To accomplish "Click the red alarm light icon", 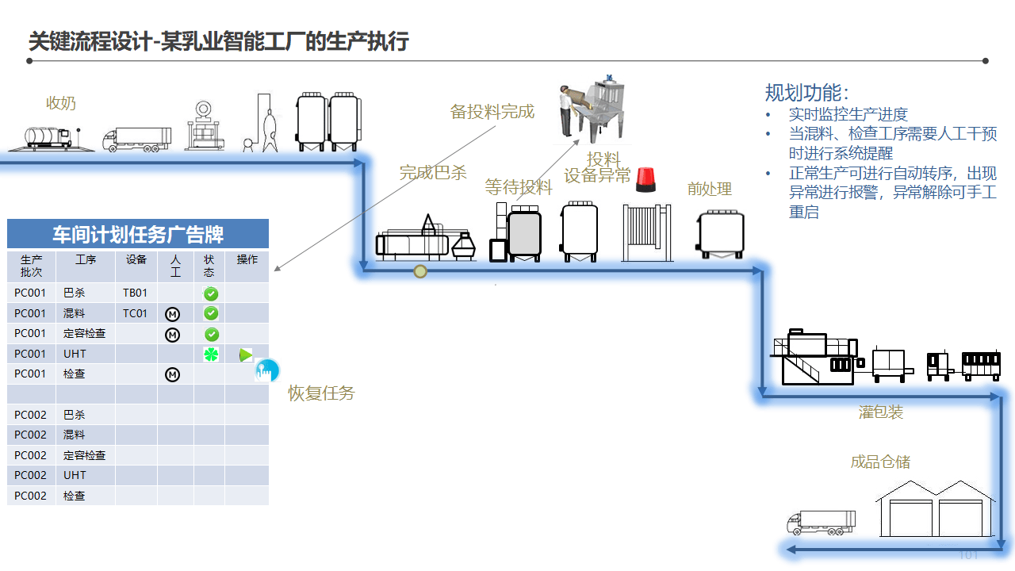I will click(x=646, y=180).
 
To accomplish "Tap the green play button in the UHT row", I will click(x=246, y=354).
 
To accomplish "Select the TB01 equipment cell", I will click(x=136, y=293).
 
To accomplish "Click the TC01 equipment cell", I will click(x=136, y=313).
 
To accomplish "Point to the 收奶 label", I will click(x=61, y=103).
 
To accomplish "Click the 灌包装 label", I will click(x=881, y=412).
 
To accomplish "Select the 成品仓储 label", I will click(x=880, y=462).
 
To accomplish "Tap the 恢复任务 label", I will click(x=321, y=393).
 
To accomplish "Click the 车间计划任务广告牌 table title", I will click(x=138, y=234).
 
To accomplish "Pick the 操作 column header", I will click(x=247, y=260).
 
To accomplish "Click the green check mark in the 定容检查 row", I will click(x=211, y=334).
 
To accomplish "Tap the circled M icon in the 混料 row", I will click(x=172, y=314).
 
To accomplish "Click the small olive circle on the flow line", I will click(x=420, y=271).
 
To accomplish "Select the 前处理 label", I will click(x=709, y=189).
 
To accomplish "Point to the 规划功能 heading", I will click(x=806, y=93).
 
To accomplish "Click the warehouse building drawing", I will click(x=935, y=509).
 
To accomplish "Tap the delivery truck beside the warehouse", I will click(x=821, y=522).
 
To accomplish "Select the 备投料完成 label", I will click(x=492, y=112).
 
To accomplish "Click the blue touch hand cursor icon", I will click(x=266, y=370).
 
